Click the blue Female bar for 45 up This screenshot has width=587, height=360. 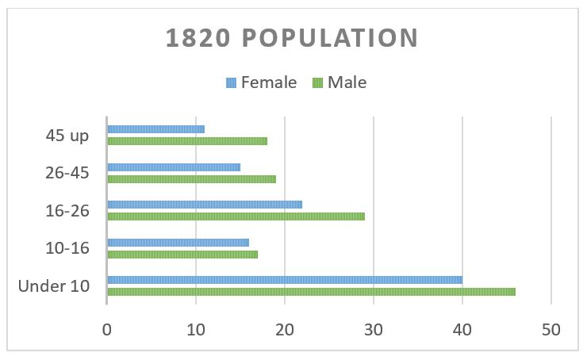155,129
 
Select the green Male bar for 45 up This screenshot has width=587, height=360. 187,141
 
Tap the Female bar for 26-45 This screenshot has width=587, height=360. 174,167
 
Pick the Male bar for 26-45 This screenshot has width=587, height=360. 191,179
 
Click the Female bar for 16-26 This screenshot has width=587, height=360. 205,204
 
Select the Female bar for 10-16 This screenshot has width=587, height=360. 178,243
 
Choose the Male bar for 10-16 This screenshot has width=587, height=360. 182,255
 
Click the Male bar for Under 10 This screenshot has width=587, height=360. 311,292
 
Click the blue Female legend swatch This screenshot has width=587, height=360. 232,82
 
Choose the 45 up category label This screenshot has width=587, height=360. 67,136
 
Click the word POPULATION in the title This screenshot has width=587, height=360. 334,39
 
